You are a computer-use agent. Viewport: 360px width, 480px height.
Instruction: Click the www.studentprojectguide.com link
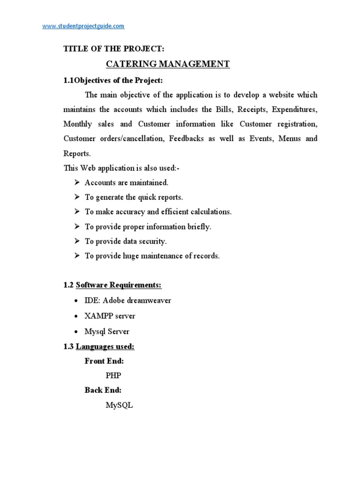tap(83, 26)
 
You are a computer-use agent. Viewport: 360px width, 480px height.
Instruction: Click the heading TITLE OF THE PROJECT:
tap(114, 49)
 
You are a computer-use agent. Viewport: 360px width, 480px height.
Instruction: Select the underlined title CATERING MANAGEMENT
tap(167, 64)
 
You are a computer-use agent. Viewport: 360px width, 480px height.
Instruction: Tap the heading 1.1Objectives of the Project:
tap(113, 80)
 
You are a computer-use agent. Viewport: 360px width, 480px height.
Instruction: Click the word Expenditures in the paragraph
tap(294, 110)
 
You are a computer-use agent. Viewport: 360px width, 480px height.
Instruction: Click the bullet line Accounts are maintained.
tap(126, 182)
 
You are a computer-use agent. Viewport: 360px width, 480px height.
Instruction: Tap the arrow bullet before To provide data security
tap(77, 241)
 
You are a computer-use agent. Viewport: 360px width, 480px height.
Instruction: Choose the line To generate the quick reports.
tap(134, 197)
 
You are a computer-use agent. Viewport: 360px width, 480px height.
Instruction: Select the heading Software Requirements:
tap(119, 285)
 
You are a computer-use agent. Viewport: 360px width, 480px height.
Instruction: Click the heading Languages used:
tap(105, 346)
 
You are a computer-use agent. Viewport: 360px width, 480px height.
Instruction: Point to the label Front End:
tap(104, 361)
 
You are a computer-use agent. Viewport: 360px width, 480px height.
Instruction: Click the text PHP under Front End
tap(113, 375)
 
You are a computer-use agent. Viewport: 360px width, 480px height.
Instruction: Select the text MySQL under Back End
tap(119, 405)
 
